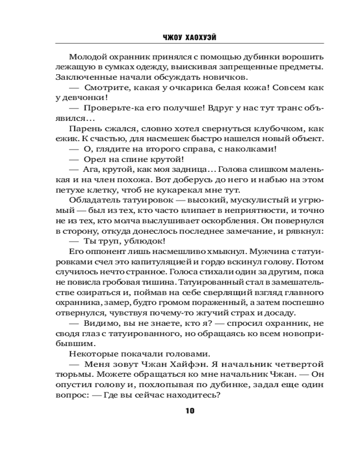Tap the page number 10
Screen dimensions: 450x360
pos(189,410)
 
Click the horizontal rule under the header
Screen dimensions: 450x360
pos(189,44)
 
